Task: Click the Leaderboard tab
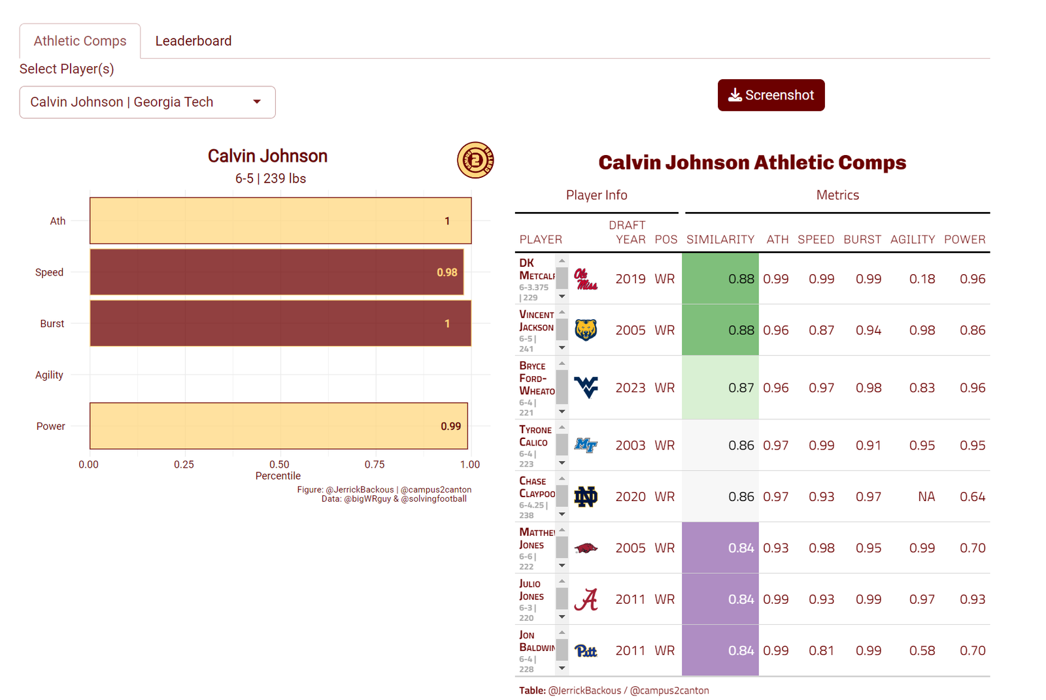pyautogui.click(x=193, y=41)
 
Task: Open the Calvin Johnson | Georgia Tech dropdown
pyautogui.click(x=147, y=102)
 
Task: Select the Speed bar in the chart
pyautogui.click(x=277, y=272)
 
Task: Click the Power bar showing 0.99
pyautogui.click(x=278, y=426)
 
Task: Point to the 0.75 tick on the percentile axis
pyautogui.click(x=375, y=464)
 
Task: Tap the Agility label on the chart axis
pyautogui.click(x=49, y=375)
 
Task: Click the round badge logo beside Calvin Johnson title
pyautogui.click(x=475, y=160)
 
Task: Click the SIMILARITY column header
pyautogui.click(x=720, y=239)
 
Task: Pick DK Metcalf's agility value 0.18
pyautogui.click(x=922, y=279)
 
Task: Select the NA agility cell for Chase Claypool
pyautogui.click(x=926, y=497)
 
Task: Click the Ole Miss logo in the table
pyautogui.click(x=586, y=279)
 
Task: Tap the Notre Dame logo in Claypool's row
pyautogui.click(x=586, y=497)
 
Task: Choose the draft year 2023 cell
pyautogui.click(x=630, y=388)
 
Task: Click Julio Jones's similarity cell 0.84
pyautogui.click(x=720, y=599)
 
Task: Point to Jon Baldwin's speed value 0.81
pyautogui.click(x=821, y=651)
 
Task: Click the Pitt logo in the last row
pyautogui.click(x=586, y=651)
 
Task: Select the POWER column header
pyautogui.click(x=964, y=239)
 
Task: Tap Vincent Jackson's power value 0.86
pyautogui.click(x=972, y=330)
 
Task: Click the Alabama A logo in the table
pyautogui.click(x=586, y=599)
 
